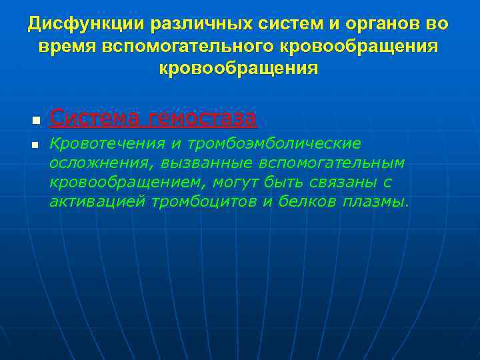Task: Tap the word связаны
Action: (341, 183)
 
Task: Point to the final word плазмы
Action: (375, 202)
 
